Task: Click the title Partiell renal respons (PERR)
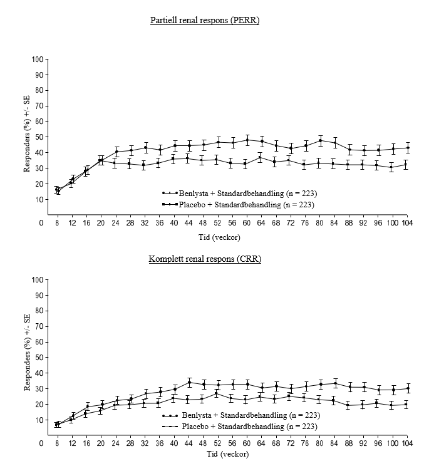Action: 205,21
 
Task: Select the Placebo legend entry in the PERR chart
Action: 237,204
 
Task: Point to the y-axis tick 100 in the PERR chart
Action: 39,60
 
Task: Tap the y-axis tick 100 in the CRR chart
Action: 39,280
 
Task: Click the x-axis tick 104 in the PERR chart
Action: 407,222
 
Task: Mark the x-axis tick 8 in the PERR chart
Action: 58,222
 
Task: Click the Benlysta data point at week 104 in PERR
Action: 407,148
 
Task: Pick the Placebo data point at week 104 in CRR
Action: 407,405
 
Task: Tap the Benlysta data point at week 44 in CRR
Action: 189,382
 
